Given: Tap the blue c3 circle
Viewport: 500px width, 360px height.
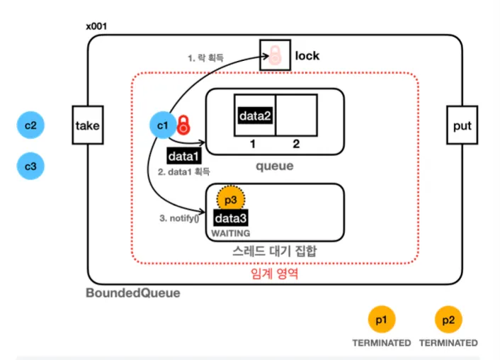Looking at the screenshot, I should (30, 167).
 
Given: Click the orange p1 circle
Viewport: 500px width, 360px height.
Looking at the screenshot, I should (381, 320).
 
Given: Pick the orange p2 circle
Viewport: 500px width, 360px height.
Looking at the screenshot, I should (448, 320).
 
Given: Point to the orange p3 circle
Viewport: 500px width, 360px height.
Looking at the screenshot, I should (230, 198).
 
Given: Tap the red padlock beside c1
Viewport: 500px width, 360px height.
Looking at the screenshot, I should (183, 125).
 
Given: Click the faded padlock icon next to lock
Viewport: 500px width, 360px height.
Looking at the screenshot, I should (273, 56).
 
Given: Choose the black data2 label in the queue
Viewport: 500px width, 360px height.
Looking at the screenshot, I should (254, 116).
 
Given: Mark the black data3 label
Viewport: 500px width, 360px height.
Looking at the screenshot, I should (230, 218).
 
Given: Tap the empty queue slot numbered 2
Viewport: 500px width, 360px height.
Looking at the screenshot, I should (296, 116).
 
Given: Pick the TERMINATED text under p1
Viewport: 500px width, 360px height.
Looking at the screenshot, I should (381, 343).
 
